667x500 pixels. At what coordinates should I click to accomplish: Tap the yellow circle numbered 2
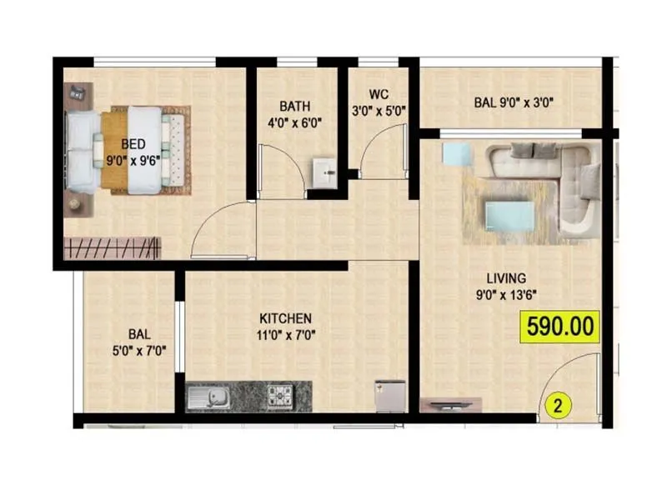pos(559,407)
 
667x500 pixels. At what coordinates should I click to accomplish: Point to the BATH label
pos(295,106)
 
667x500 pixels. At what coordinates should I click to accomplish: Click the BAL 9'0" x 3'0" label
pos(514,103)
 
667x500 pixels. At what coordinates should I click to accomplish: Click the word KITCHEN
pos(285,318)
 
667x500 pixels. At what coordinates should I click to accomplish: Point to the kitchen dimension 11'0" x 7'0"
pos(285,335)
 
